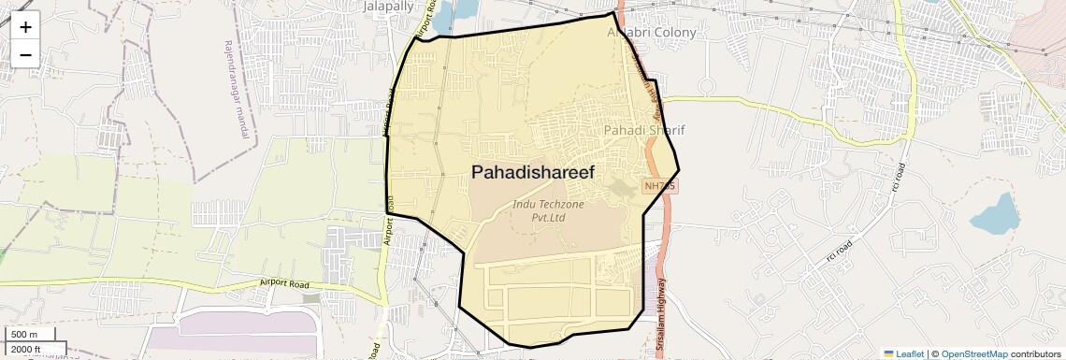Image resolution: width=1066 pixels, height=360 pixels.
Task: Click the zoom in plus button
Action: pyautogui.click(x=25, y=26)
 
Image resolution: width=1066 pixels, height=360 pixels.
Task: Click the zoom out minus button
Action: pyautogui.click(x=25, y=54)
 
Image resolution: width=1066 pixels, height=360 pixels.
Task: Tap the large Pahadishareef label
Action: pyautogui.click(x=540, y=172)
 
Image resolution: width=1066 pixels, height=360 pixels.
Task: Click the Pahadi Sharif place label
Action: pyautogui.click(x=644, y=130)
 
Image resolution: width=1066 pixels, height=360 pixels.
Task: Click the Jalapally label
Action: pyautogui.click(x=387, y=6)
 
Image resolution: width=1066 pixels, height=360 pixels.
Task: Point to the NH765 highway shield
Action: pyautogui.click(x=659, y=186)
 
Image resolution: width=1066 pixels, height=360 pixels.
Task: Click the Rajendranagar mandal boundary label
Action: pyautogui.click(x=238, y=90)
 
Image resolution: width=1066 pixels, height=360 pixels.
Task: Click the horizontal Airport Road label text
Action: pyautogui.click(x=284, y=283)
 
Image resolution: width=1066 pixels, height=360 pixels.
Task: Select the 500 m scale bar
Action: pyautogui.click(x=29, y=335)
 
